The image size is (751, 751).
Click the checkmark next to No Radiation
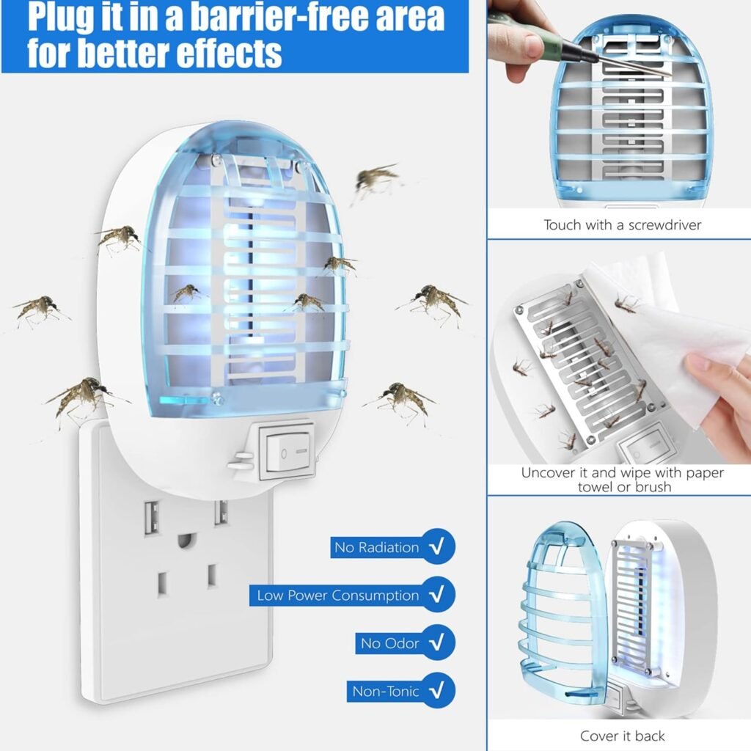437,547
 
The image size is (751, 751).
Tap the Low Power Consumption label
338,596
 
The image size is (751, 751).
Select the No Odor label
389,643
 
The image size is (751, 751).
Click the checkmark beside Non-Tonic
437,691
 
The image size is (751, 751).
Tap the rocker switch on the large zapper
286,450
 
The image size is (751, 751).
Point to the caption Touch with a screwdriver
622,225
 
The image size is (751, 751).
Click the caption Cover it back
622,735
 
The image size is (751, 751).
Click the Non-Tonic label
386,691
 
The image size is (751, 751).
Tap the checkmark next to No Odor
437,643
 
